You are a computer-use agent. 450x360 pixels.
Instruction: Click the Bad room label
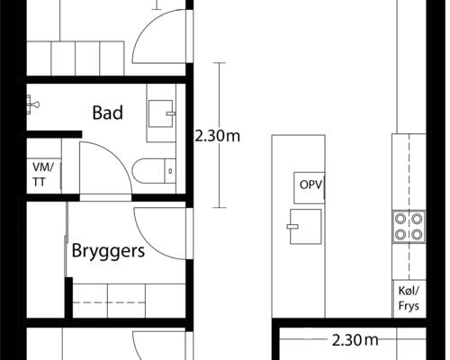[x=107, y=113]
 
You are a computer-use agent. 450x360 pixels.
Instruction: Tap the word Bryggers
[x=108, y=251]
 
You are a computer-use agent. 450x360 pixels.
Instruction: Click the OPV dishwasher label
[x=310, y=187]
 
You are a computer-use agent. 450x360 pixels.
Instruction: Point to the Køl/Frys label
[x=409, y=297]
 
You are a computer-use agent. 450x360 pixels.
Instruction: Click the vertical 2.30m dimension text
[x=219, y=137]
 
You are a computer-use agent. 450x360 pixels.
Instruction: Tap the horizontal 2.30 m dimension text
[x=354, y=340]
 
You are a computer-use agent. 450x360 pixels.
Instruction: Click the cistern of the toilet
[x=167, y=169]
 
